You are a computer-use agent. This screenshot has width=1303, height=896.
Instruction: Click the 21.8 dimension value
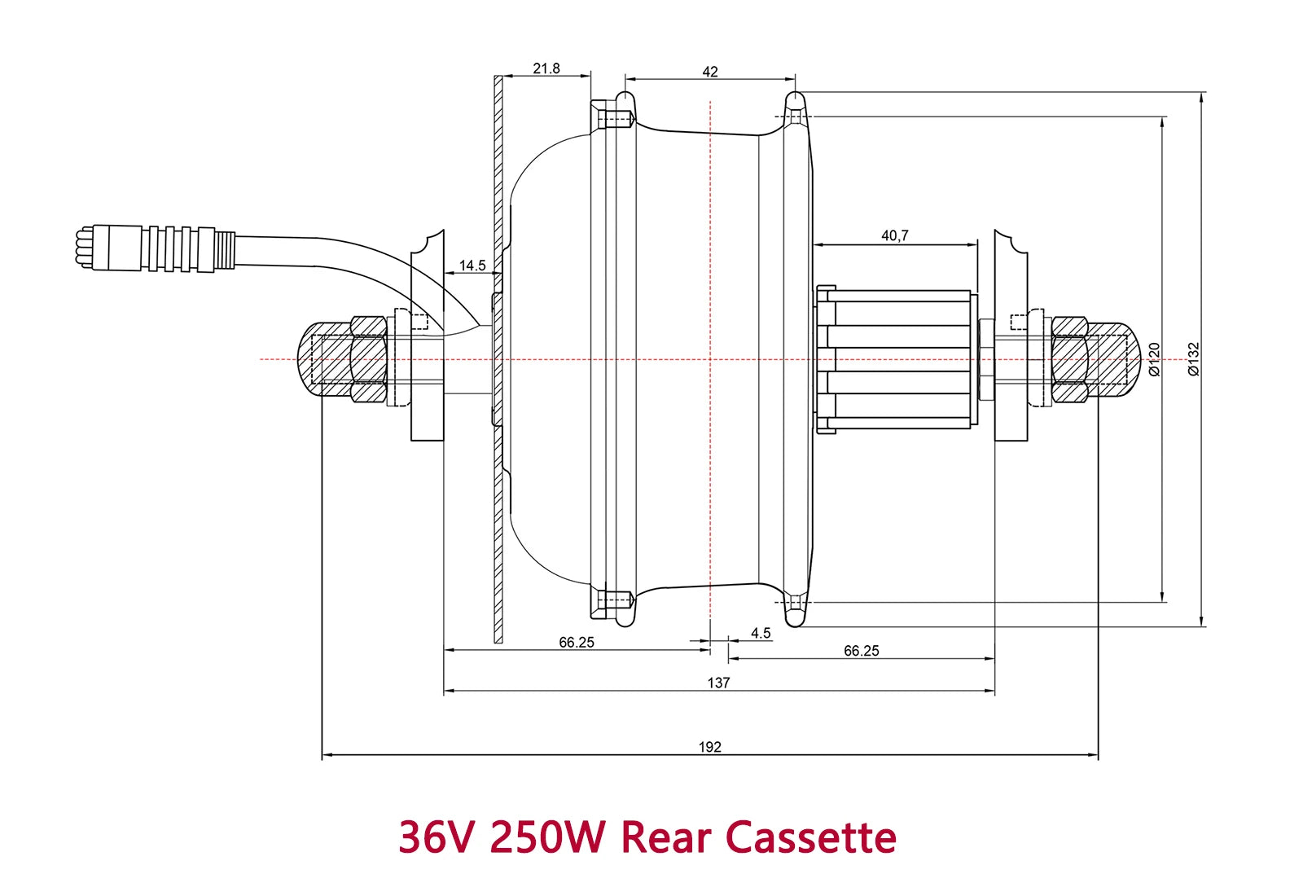pyautogui.click(x=546, y=68)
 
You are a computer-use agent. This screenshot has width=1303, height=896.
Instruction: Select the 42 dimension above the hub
pyautogui.click(x=710, y=72)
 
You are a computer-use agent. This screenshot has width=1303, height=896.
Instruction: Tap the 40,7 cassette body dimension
pyautogui.click(x=894, y=235)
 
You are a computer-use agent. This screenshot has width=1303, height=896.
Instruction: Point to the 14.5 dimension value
pyautogui.click(x=472, y=266)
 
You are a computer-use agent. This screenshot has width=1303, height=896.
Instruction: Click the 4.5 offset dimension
pyautogui.click(x=761, y=633)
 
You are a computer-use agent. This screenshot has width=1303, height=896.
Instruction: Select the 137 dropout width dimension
pyautogui.click(x=718, y=683)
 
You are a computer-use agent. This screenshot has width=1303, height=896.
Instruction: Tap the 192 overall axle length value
pyautogui.click(x=709, y=747)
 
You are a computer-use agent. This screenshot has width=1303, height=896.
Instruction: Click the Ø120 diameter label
pyautogui.click(x=1154, y=358)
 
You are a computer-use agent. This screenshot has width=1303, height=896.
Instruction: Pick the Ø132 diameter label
pyautogui.click(x=1194, y=358)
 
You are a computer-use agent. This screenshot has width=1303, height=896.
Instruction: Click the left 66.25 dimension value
pyautogui.click(x=577, y=642)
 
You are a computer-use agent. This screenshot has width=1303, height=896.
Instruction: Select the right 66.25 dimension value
pyautogui.click(x=862, y=650)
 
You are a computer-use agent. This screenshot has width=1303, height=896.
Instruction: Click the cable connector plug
pyautogui.click(x=155, y=248)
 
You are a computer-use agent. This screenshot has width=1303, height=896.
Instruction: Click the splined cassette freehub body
pyautogui.click(x=896, y=359)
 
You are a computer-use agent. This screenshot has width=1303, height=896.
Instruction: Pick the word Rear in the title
pyautogui.click(x=666, y=837)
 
